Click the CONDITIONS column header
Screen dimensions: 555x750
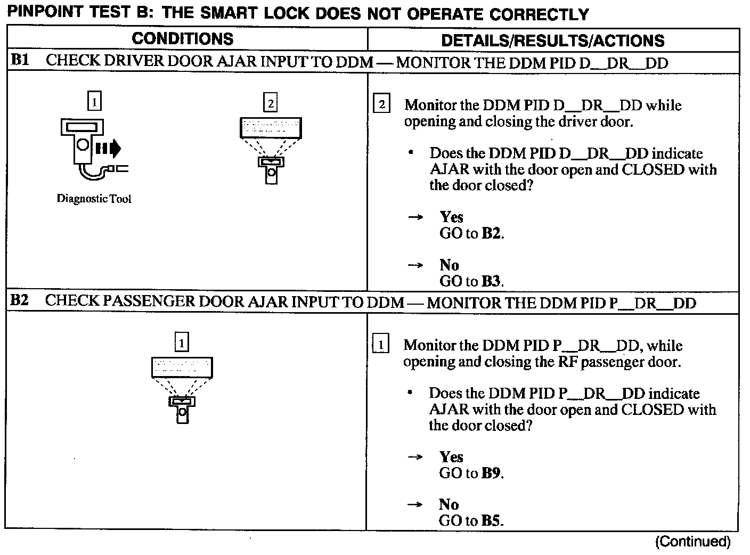182,39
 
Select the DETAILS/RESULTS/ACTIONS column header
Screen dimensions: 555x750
553,40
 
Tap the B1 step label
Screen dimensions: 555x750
20,60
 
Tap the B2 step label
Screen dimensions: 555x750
20,300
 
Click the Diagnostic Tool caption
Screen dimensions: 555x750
94,199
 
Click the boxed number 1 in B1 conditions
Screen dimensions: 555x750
94,101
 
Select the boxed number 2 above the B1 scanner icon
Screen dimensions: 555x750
271,103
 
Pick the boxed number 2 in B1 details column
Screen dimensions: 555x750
381,104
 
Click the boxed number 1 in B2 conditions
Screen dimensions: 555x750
182,342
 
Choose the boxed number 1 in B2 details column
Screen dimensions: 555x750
380,345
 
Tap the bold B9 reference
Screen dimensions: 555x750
491,473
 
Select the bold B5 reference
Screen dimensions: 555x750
491,521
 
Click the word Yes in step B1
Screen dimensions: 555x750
452,217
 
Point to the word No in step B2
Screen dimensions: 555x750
449,504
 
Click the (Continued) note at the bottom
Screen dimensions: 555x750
693,542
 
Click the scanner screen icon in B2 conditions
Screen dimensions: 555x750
182,368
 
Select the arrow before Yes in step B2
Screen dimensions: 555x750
415,457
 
